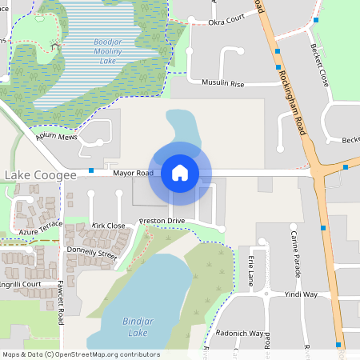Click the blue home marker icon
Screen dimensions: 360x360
point(180,173)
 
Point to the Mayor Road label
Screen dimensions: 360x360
point(133,172)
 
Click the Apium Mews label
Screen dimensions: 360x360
point(56,137)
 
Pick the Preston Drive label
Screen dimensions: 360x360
point(162,220)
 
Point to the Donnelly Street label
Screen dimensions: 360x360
point(92,254)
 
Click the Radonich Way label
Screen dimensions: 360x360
point(240,333)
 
